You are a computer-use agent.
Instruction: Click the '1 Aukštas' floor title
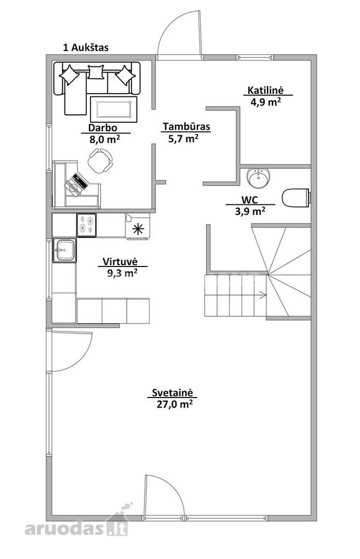click(86, 47)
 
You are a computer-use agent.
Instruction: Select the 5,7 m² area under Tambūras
click(183, 139)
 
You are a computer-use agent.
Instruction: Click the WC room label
click(250, 199)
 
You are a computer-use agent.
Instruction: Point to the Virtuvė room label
click(120, 261)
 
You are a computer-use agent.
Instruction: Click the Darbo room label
click(102, 127)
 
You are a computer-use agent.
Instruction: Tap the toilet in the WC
click(296, 197)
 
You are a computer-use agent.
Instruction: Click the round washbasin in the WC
click(258, 178)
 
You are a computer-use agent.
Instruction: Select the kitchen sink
click(65, 250)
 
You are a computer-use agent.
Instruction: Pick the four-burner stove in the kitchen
click(87, 225)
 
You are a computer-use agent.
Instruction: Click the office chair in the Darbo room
click(100, 160)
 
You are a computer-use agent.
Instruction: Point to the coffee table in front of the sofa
click(114, 109)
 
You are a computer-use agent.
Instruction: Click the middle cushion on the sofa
click(96, 71)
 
